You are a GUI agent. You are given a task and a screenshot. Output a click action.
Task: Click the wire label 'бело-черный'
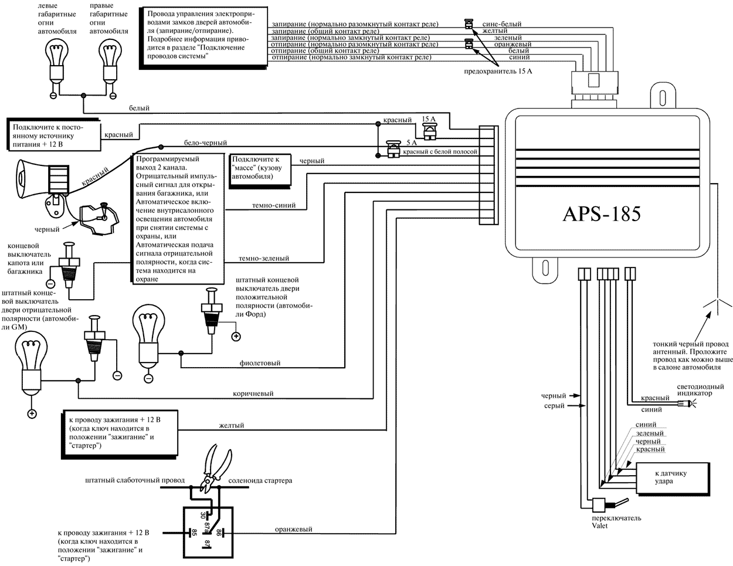[205, 143]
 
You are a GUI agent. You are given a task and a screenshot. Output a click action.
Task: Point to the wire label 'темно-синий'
[273, 206]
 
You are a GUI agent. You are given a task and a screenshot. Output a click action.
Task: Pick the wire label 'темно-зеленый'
[264, 258]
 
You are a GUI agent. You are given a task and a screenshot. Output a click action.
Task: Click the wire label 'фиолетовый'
[260, 363]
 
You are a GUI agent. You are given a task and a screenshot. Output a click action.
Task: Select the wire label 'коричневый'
[253, 394]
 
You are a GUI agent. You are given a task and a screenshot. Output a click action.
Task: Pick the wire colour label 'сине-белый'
[501, 24]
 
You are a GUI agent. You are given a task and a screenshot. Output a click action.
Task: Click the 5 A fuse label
[413, 141]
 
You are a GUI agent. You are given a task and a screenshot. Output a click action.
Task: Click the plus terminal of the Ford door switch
[235, 337]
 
